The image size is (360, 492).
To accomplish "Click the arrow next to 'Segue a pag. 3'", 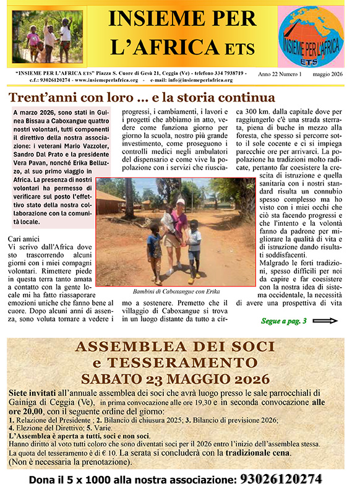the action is [326, 321].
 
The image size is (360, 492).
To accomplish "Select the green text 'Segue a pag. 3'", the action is [283, 321].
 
